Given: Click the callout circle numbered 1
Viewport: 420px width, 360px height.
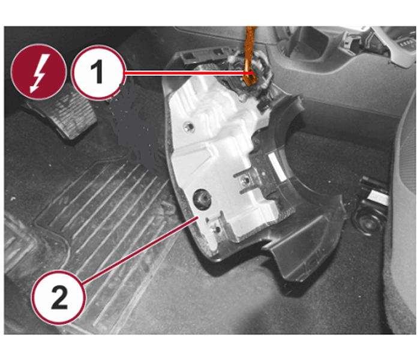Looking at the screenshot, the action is [x=98, y=72].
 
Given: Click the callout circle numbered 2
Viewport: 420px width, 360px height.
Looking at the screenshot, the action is [x=59, y=297].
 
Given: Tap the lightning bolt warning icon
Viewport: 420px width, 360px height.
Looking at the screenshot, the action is [x=38, y=72].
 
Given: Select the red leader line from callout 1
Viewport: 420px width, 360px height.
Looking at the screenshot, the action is [x=188, y=73].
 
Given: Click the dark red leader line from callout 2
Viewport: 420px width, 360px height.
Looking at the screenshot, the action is [x=140, y=250].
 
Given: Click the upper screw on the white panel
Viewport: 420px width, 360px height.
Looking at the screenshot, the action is [x=189, y=126].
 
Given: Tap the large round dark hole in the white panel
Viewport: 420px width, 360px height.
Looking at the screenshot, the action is [x=202, y=199].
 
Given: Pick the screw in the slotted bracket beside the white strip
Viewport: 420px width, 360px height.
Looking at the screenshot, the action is [x=245, y=182].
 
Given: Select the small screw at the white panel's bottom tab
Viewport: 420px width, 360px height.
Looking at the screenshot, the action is [x=217, y=230].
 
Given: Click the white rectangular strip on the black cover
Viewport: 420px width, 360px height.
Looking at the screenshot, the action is [x=277, y=166].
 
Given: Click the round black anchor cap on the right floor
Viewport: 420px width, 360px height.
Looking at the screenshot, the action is [x=369, y=223].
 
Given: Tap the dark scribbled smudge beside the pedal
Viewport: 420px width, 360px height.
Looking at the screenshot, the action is [x=134, y=128].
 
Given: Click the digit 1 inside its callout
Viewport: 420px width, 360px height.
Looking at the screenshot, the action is [x=97, y=72].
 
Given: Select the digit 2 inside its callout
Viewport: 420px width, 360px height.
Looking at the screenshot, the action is [x=59, y=298].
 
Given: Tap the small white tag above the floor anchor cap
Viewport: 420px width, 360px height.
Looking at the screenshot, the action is [x=378, y=197].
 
